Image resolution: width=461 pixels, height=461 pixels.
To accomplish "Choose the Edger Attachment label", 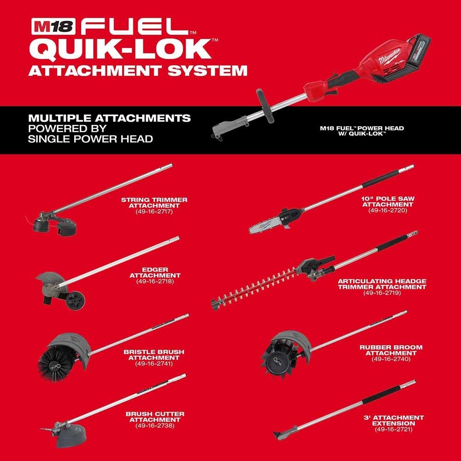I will point(155,272).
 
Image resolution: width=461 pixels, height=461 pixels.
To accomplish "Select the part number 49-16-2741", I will point(154,363).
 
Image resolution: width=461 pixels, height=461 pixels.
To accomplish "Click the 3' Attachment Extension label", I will point(393,420).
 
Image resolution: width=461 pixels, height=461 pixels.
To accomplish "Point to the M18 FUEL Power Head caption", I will point(375,131).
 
